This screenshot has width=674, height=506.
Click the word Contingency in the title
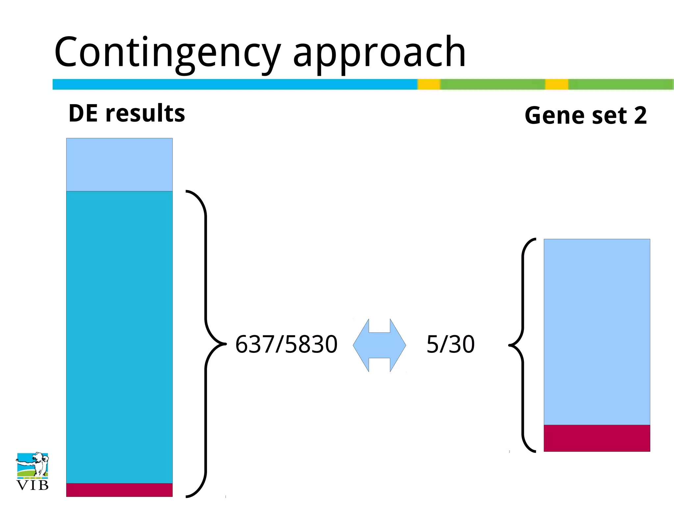click(x=167, y=53)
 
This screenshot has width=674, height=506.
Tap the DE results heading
click(x=127, y=113)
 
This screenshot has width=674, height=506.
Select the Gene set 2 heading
click(x=585, y=116)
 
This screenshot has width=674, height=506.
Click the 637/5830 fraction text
click(x=286, y=345)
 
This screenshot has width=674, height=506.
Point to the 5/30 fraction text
click(x=450, y=345)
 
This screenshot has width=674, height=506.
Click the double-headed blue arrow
click(x=379, y=345)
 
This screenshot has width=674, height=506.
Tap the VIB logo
click(x=32, y=471)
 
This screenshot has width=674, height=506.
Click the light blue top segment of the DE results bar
click(x=119, y=164)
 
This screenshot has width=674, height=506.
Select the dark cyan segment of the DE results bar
click(x=119, y=336)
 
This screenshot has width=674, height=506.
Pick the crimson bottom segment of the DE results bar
click(x=119, y=490)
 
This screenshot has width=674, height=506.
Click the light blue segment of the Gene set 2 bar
click(x=597, y=331)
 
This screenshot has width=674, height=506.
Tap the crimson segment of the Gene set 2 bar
click(x=597, y=438)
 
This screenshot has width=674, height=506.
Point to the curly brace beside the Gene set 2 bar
click(x=523, y=345)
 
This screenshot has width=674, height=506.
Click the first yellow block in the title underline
click(x=429, y=84)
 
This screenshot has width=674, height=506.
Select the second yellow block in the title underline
click(x=557, y=84)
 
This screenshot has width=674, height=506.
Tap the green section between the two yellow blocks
click(x=493, y=84)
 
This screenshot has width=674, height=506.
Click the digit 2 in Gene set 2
click(x=640, y=116)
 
